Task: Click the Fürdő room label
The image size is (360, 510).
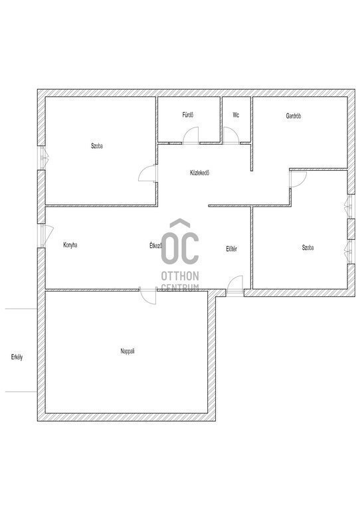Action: click(x=188, y=115)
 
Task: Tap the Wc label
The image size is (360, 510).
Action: click(x=236, y=115)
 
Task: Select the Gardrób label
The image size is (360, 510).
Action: click(x=294, y=116)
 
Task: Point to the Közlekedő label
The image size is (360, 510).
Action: click(x=199, y=173)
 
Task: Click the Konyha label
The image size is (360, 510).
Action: click(x=70, y=245)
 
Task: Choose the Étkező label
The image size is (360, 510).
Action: click(x=155, y=246)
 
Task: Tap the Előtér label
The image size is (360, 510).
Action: click(x=232, y=249)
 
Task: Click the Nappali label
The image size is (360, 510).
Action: click(x=128, y=351)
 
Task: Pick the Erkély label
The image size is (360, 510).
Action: click(x=17, y=357)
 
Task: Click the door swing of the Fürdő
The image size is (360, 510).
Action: click(x=191, y=135)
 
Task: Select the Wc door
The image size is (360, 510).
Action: click(x=231, y=135)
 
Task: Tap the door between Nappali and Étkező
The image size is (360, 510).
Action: click(x=148, y=296)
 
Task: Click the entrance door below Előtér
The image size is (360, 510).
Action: click(x=234, y=286)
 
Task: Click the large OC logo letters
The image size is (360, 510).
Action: click(x=180, y=242)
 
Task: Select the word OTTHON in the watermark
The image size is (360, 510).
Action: click(x=180, y=276)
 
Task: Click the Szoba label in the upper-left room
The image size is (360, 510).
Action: click(x=97, y=146)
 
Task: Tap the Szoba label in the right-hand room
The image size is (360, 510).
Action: click(x=308, y=248)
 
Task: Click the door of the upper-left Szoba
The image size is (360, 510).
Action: click(x=148, y=173)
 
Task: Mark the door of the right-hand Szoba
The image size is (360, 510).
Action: click(x=298, y=179)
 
